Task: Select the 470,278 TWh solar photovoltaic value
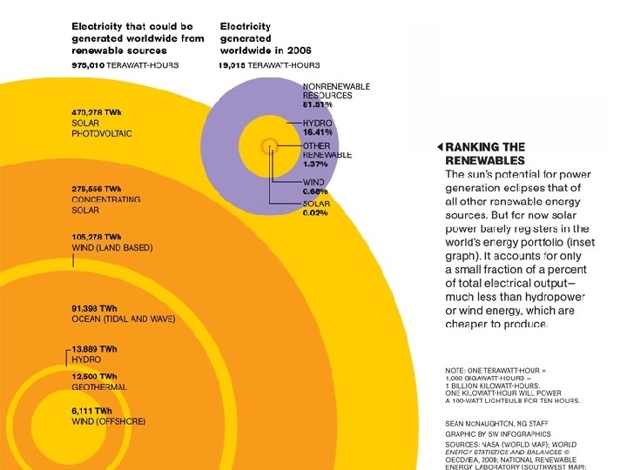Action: click(x=96, y=111)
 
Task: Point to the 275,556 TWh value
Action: click(x=96, y=189)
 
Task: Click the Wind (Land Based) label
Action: click(x=111, y=247)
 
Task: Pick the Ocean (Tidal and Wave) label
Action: click(x=123, y=319)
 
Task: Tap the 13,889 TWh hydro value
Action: click(x=94, y=349)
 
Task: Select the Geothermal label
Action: click(x=99, y=386)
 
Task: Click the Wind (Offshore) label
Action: click(x=108, y=421)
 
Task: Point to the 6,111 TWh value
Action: click(x=91, y=411)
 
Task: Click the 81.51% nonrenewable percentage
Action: click(x=318, y=104)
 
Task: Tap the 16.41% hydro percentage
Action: click(x=318, y=132)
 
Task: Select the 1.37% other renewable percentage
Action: click(x=315, y=164)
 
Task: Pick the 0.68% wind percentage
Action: click(x=315, y=191)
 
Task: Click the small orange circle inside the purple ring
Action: click(x=270, y=145)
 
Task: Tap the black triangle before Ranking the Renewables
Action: click(x=440, y=147)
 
